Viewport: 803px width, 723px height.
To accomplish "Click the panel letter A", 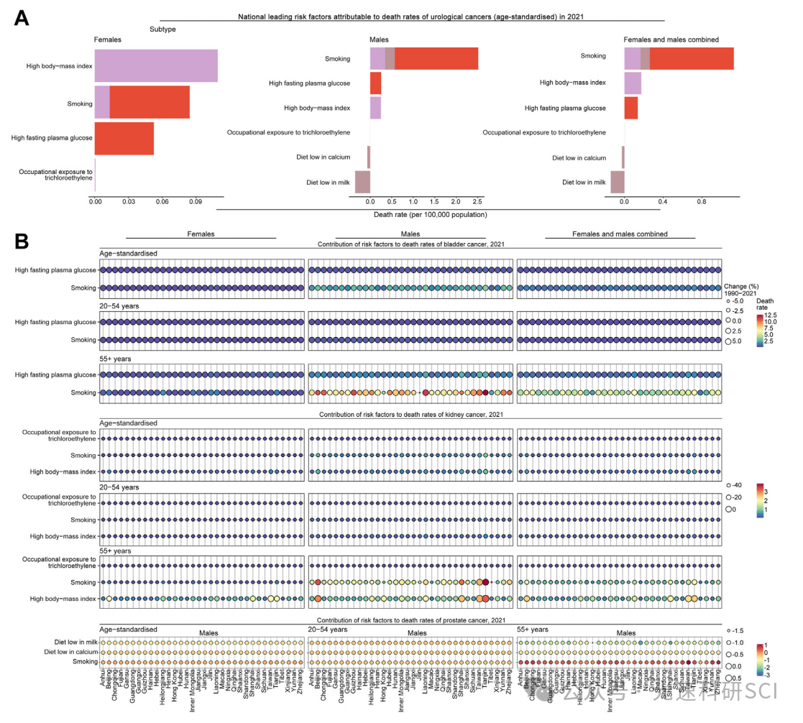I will point(22,17).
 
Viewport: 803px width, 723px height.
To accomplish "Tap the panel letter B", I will point(22,241).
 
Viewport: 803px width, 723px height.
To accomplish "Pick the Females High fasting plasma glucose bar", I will point(124,138).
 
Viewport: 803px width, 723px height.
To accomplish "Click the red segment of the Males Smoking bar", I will point(436,59).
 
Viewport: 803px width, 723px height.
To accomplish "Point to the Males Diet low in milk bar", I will point(362,182).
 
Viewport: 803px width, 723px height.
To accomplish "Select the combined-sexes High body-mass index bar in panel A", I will point(633,83).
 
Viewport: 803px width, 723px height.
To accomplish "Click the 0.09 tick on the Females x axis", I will point(196,203).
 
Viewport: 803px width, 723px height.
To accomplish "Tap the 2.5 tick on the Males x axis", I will point(477,203).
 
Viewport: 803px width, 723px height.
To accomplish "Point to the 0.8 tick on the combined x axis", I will point(702,203).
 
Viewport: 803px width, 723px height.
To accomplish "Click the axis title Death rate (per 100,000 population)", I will point(431,214).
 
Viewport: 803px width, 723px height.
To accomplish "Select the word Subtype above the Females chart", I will point(162,29).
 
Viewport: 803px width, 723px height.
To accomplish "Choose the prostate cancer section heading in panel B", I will point(410,620).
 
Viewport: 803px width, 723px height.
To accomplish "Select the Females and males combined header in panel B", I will point(620,234).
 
